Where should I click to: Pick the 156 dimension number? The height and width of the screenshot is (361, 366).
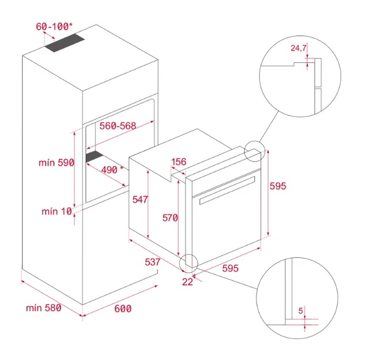[179, 162]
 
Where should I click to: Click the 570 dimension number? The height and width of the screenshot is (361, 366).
[169, 218]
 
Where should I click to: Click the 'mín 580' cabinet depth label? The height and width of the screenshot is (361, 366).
[43, 308]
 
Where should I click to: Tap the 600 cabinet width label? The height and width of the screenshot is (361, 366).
[123, 308]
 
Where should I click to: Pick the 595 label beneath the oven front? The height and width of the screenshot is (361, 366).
[230, 268]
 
